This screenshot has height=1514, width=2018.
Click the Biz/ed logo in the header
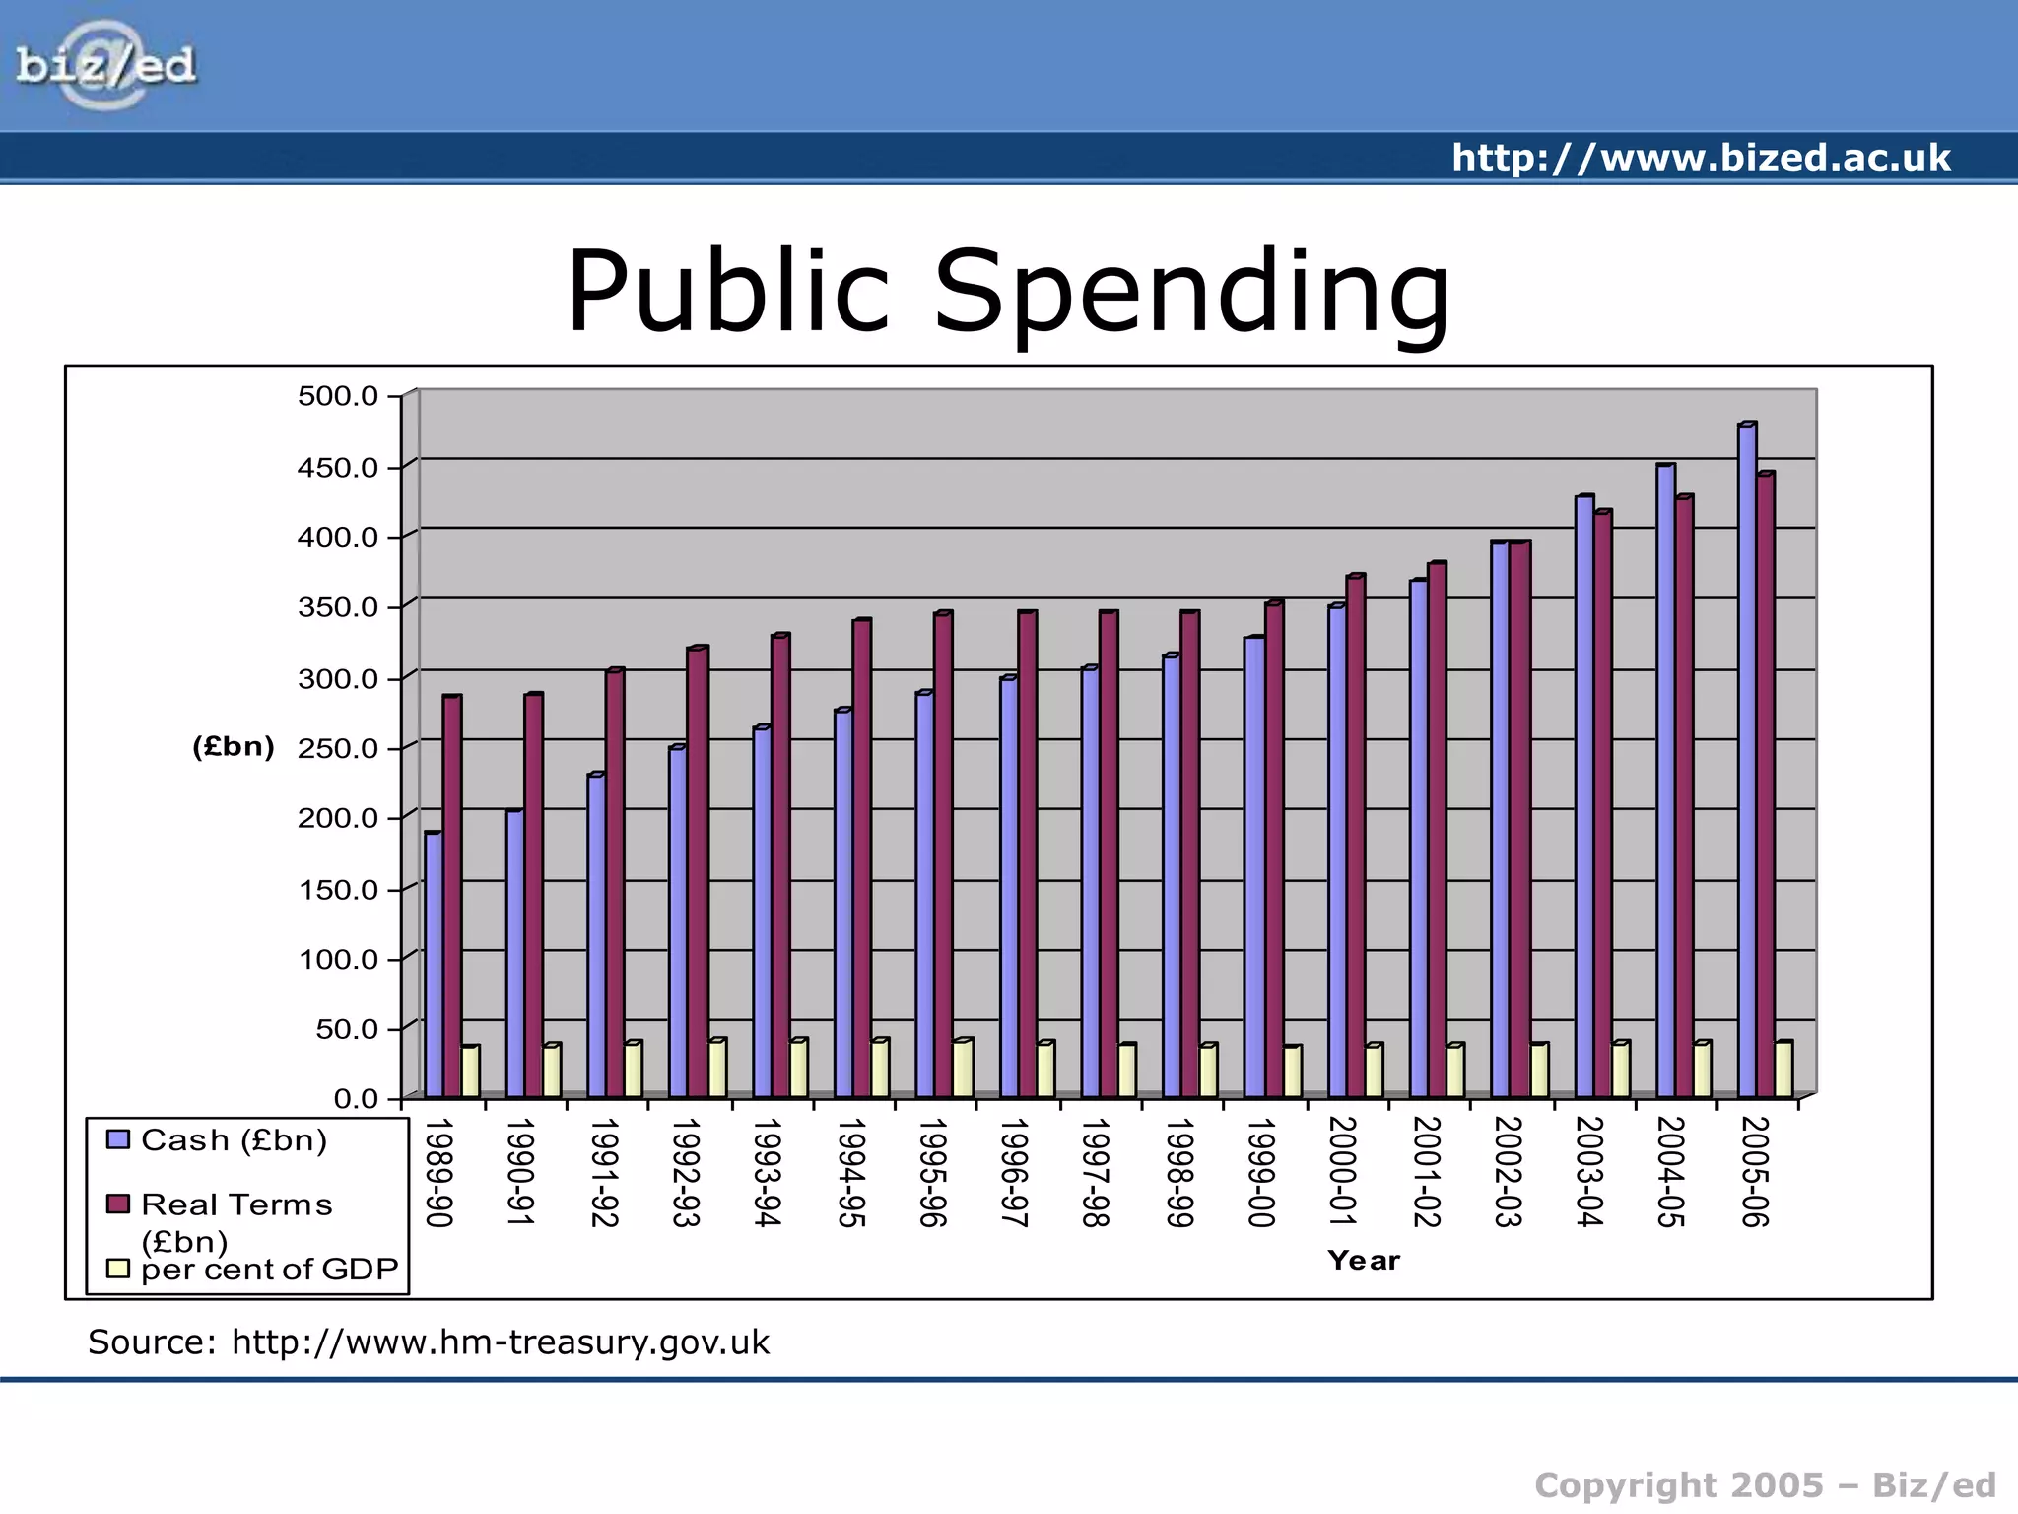(105, 65)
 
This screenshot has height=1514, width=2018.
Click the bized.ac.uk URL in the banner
(1701, 158)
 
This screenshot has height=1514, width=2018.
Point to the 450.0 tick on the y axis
(338, 467)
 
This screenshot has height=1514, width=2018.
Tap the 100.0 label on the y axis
(338, 959)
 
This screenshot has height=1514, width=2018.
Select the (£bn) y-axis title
(234, 746)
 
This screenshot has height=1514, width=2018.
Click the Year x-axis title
(1363, 1260)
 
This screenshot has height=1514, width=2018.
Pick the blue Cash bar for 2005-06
(1746, 759)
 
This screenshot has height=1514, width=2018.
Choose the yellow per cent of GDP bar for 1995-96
(962, 1068)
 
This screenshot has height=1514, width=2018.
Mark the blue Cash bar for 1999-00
(1253, 866)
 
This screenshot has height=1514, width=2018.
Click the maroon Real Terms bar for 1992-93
(697, 871)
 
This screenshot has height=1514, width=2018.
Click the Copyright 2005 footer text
(1764, 1484)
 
